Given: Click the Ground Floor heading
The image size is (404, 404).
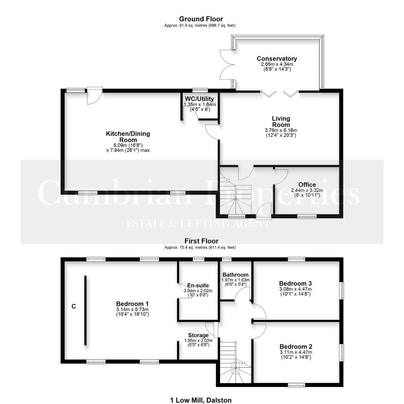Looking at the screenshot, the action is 201,19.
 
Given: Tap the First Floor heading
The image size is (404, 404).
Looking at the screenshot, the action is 201,241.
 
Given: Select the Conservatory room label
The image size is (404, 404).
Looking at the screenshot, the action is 277,58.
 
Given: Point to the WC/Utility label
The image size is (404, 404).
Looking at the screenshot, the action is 199,99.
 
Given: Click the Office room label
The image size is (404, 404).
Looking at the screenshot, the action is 307,185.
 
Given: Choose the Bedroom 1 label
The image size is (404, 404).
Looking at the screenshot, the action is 132,303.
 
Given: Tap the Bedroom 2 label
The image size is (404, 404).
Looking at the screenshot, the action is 296,347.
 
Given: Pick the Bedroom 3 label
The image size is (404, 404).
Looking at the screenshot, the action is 295,283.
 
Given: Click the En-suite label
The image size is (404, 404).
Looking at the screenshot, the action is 198,285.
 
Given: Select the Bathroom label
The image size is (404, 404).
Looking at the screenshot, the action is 236,275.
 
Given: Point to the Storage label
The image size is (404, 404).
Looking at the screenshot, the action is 198,335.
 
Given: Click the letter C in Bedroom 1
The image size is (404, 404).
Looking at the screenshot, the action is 74,306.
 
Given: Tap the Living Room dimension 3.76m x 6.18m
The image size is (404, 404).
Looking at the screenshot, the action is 281,130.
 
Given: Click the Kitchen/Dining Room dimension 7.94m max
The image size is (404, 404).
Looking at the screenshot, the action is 128,150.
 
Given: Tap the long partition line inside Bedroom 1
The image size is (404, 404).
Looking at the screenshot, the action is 85,310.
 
